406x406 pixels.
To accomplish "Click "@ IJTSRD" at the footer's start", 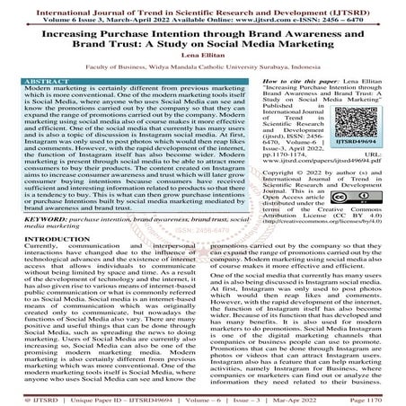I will [28, 396].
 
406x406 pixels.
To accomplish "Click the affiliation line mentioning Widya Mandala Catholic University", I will [202, 68].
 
